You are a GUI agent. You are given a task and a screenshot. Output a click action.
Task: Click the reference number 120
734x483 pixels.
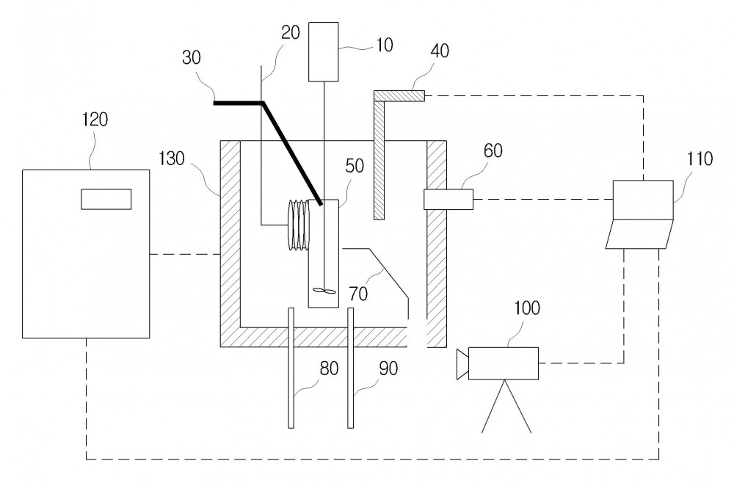click(95, 120)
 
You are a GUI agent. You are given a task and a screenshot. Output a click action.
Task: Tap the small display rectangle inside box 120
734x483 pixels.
click(106, 199)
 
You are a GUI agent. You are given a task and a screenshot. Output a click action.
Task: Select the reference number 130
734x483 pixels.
click(172, 159)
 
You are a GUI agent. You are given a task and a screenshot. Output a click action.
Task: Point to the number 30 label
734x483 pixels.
click(192, 57)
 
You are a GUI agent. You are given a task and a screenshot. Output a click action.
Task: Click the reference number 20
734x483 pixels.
click(290, 32)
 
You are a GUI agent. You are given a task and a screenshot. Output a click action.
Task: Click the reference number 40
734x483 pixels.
click(440, 51)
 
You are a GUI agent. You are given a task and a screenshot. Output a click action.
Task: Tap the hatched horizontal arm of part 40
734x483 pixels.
click(399, 96)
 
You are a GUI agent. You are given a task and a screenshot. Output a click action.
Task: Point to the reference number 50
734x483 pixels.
click(355, 165)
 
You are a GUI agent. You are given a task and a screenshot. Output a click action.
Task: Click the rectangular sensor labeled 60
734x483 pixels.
click(448, 199)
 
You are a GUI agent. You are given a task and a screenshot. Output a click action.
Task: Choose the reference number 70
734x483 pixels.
click(359, 294)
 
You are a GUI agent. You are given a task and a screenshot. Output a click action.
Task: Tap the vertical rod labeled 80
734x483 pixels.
click(291, 368)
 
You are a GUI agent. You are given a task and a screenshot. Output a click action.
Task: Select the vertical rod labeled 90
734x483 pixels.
click(350, 368)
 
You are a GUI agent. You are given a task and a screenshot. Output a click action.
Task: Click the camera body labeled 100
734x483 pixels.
click(504, 363)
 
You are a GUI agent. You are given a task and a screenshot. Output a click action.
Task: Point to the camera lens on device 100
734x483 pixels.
click(462, 364)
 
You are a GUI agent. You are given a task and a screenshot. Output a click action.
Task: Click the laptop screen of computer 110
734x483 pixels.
click(643, 200)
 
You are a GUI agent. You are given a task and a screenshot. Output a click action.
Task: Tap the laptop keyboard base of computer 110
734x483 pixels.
click(639, 234)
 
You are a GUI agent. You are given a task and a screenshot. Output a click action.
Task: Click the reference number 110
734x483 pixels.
click(700, 159)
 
